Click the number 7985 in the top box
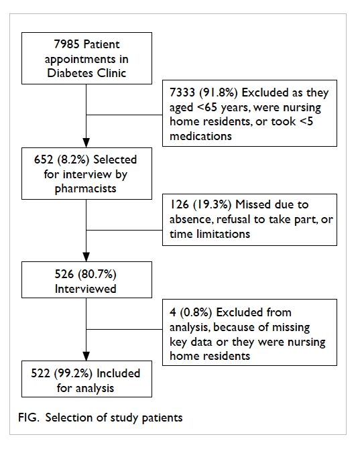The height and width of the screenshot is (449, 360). [66, 44]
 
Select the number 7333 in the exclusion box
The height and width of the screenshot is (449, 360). [182, 92]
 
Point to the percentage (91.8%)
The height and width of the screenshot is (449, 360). [219, 92]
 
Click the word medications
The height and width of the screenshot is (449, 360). [200, 136]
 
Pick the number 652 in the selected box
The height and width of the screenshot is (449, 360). [44, 159]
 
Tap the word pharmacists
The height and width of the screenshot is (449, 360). [85, 189]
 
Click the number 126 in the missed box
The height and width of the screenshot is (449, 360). [179, 204]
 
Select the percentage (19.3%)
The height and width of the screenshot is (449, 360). [213, 204]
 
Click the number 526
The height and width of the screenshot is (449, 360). [64, 274]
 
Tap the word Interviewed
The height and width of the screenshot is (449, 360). [85, 289]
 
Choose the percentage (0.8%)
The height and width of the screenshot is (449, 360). [196, 312]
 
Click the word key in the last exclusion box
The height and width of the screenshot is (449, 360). [178, 342]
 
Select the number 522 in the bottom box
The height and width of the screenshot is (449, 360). [40, 373]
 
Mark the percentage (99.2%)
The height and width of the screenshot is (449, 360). [73, 373]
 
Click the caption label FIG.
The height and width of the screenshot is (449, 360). [28, 418]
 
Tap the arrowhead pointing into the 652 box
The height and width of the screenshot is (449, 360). [86, 143]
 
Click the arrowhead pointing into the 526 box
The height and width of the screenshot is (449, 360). [86, 257]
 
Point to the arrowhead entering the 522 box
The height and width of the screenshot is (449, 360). [86, 356]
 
